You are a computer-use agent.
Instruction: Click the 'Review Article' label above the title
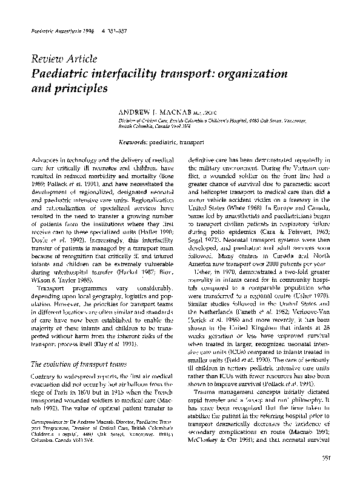coord(57,59)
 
